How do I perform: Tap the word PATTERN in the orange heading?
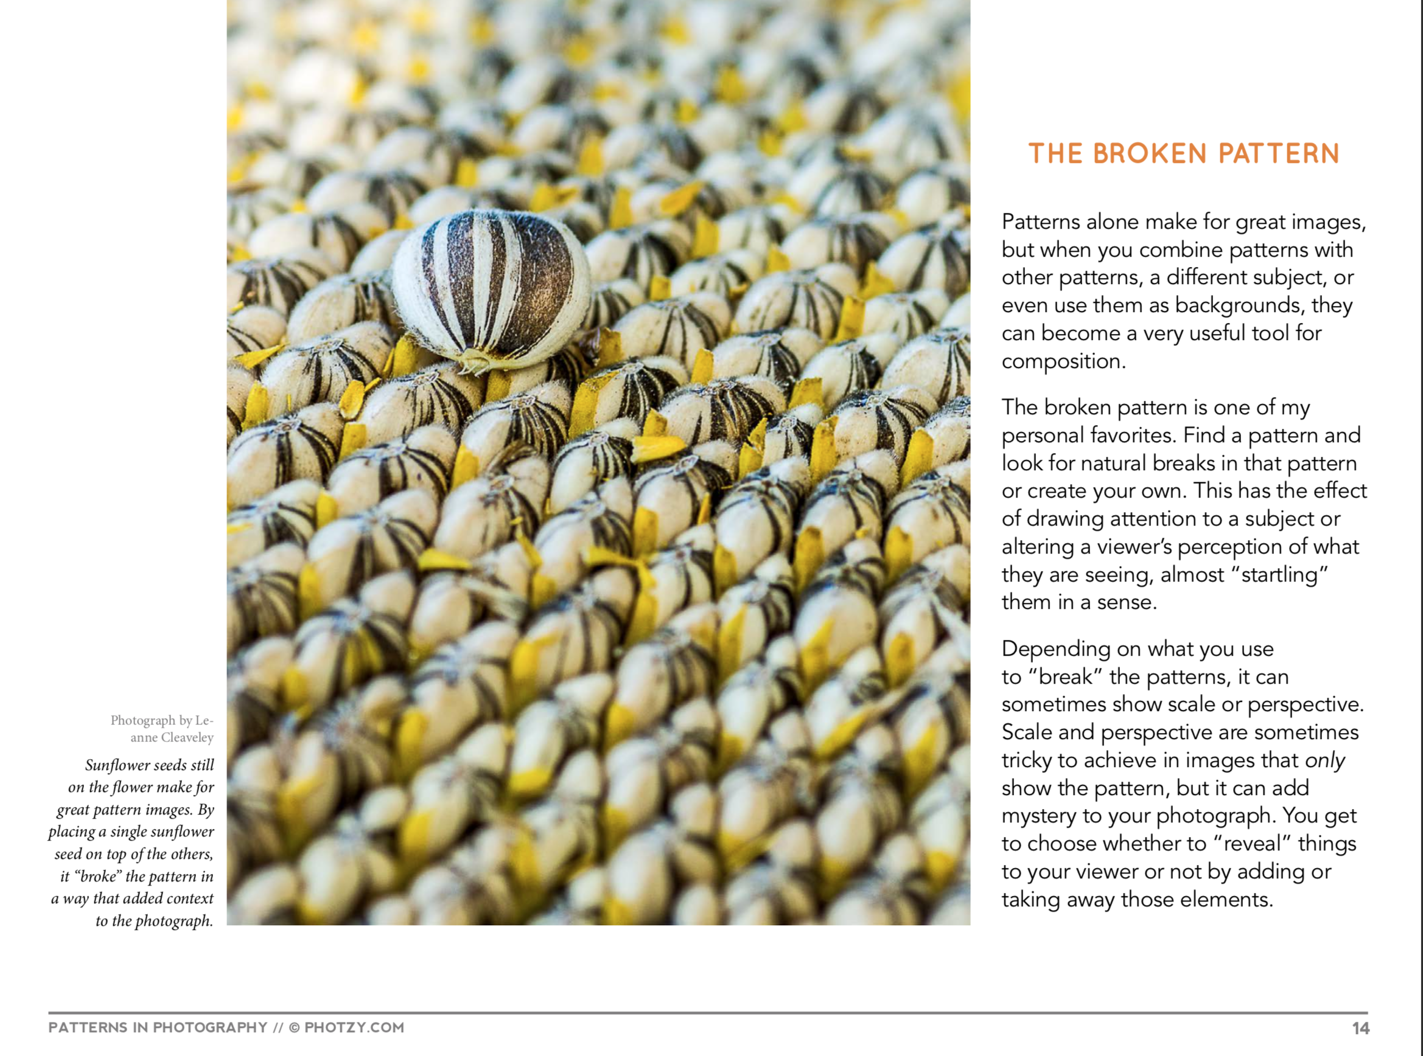pyautogui.click(x=1279, y=154)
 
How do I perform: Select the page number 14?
pyautogui.click(x=1360, y=1029)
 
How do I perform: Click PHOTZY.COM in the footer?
pyautogui.click(x=354, y=1028)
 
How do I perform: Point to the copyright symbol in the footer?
pyautogui.click(x=295, y=1028)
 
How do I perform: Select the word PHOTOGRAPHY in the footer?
pyautogui.click(x=210, y=1028)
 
